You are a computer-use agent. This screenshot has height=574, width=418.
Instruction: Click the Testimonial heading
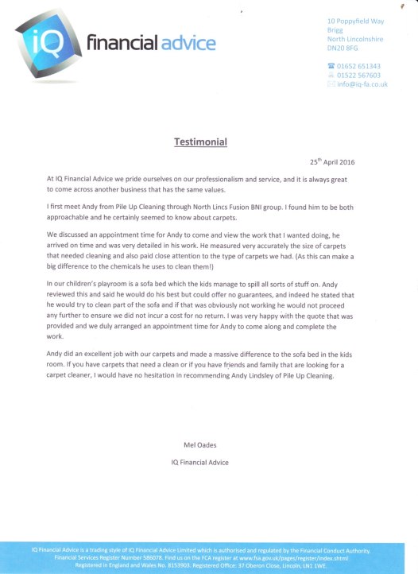200,142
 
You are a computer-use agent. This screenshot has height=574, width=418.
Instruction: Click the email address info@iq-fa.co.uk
362,84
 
